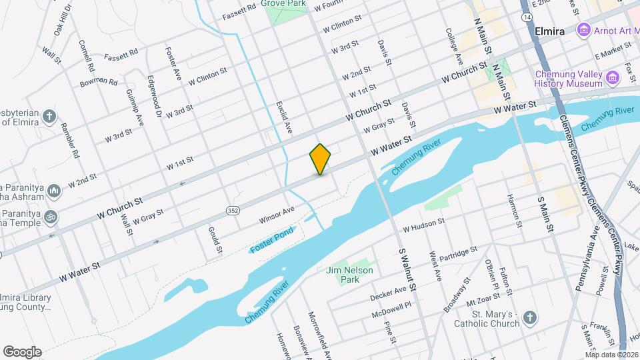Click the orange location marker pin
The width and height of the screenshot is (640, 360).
coord(320,159)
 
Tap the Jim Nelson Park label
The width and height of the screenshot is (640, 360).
coord(349,275)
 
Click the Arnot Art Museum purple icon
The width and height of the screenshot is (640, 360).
coord(585,30)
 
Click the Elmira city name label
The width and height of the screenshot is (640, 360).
coord(549,31)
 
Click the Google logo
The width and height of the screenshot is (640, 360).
coord(22,352)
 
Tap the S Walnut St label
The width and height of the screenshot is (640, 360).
coord(408,270)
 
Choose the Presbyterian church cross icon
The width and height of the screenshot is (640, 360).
coord(49,117)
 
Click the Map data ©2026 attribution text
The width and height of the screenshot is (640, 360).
coord(611,355)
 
